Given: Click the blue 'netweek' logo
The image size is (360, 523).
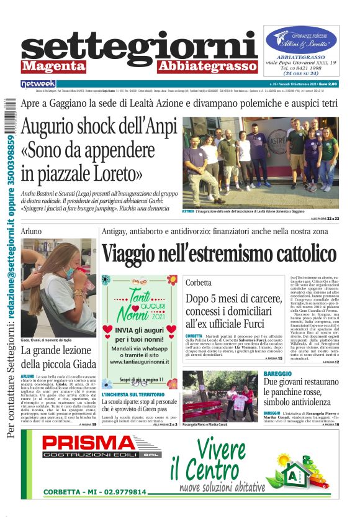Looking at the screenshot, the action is [x=38, y=84].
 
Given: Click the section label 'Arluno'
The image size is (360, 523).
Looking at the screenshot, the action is [x=31, y=231].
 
